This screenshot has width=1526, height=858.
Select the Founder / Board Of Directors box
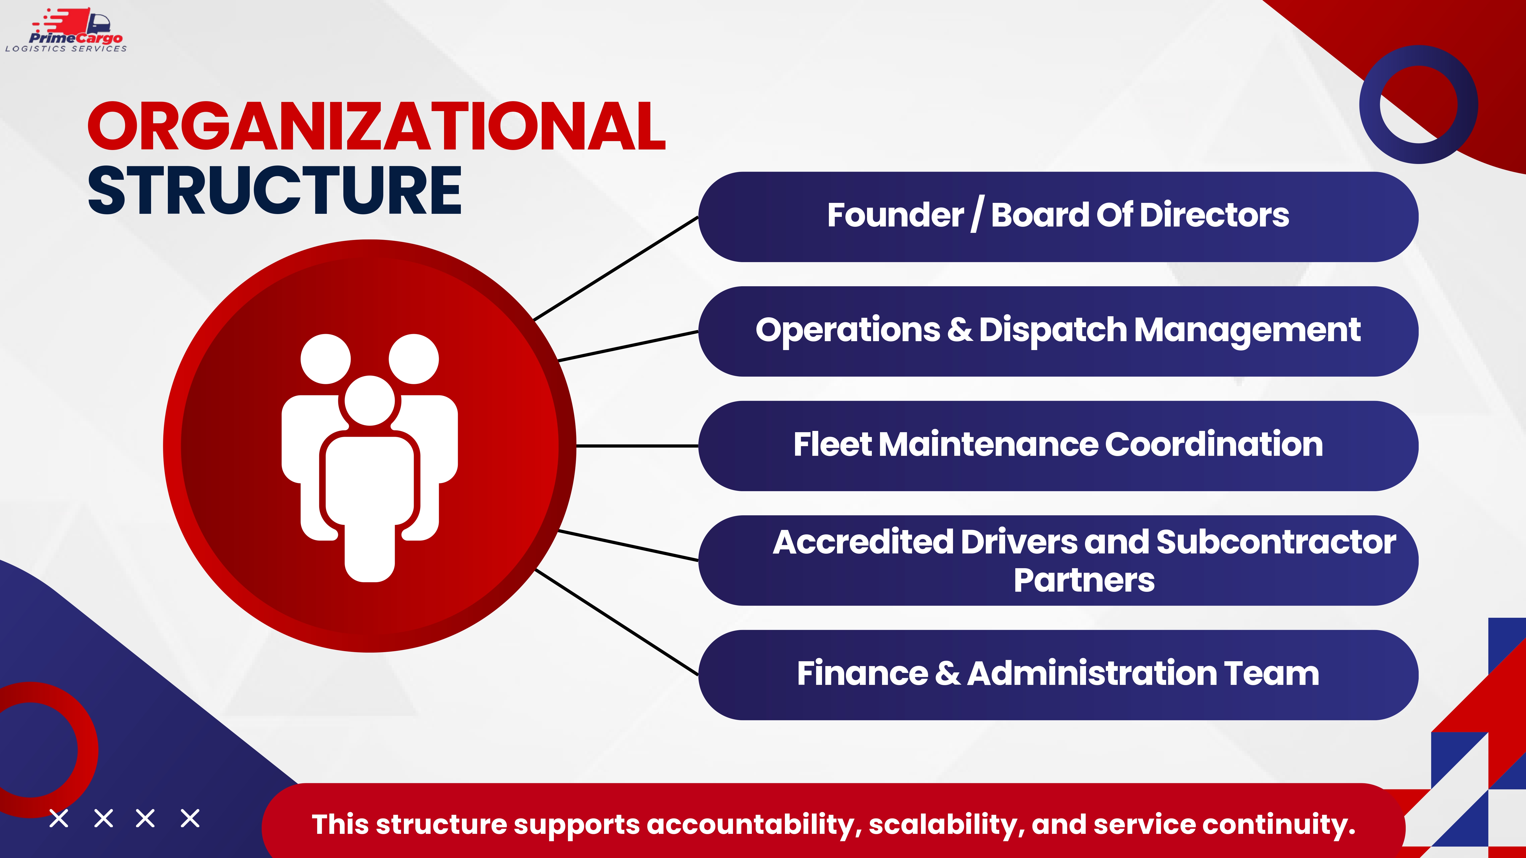pos(1058,217)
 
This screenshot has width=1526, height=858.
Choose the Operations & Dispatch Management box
pos(1058,331)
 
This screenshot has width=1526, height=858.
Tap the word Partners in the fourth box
pos(1084,580)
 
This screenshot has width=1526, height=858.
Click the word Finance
pos(862,673)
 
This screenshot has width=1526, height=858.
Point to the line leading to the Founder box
pos(616,268)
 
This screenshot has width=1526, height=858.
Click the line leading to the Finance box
pos(616,622)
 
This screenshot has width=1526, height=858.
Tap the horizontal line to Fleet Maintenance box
pos(637,445)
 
